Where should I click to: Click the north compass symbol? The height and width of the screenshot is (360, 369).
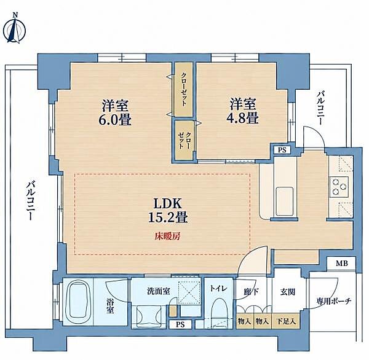(16, 29)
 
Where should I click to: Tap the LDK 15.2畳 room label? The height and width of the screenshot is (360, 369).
(168, 210)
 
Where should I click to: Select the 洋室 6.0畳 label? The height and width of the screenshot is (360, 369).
(115, 112)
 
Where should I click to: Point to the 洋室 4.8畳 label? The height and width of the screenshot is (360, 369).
(243, 111)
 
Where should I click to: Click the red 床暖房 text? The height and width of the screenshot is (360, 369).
(167, 236)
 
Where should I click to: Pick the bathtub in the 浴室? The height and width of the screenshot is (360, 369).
(79, 302)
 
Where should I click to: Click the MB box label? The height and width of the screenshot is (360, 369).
(342, 264)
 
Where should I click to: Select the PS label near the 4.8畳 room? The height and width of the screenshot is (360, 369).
(282, 150)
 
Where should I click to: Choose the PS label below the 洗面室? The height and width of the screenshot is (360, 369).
(180, 325)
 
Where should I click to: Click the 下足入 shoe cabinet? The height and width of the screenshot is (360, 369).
(286, 321)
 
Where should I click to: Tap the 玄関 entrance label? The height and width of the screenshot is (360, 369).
(288, 292)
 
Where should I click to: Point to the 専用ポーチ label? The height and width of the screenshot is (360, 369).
(334, 301)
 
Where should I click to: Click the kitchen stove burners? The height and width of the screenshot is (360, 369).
(339, 187)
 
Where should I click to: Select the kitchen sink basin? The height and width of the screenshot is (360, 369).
(285, 201)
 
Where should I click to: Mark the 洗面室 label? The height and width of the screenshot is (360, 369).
(159, 291)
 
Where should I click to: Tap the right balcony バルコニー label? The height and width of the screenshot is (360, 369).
(320, 108)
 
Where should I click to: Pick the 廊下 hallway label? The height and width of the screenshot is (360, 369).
(252, 292)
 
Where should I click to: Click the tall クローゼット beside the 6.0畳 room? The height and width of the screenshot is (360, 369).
(184, 90)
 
